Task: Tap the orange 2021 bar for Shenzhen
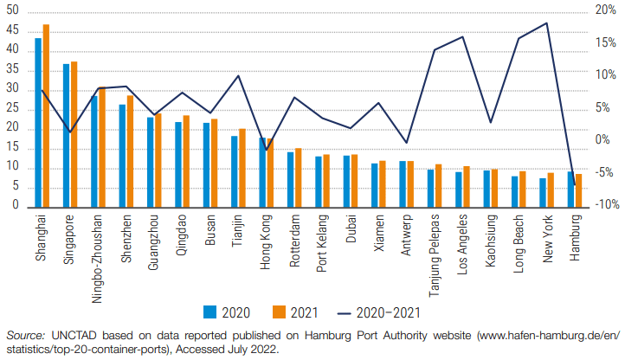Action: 130,151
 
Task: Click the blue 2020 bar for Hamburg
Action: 570,190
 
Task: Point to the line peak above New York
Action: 546,23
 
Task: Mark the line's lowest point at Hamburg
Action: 575,185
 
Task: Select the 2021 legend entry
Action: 292,312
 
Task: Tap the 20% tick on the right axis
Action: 604,10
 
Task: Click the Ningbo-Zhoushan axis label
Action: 99,247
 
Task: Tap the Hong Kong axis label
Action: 267,238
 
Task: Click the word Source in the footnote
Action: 25,334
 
